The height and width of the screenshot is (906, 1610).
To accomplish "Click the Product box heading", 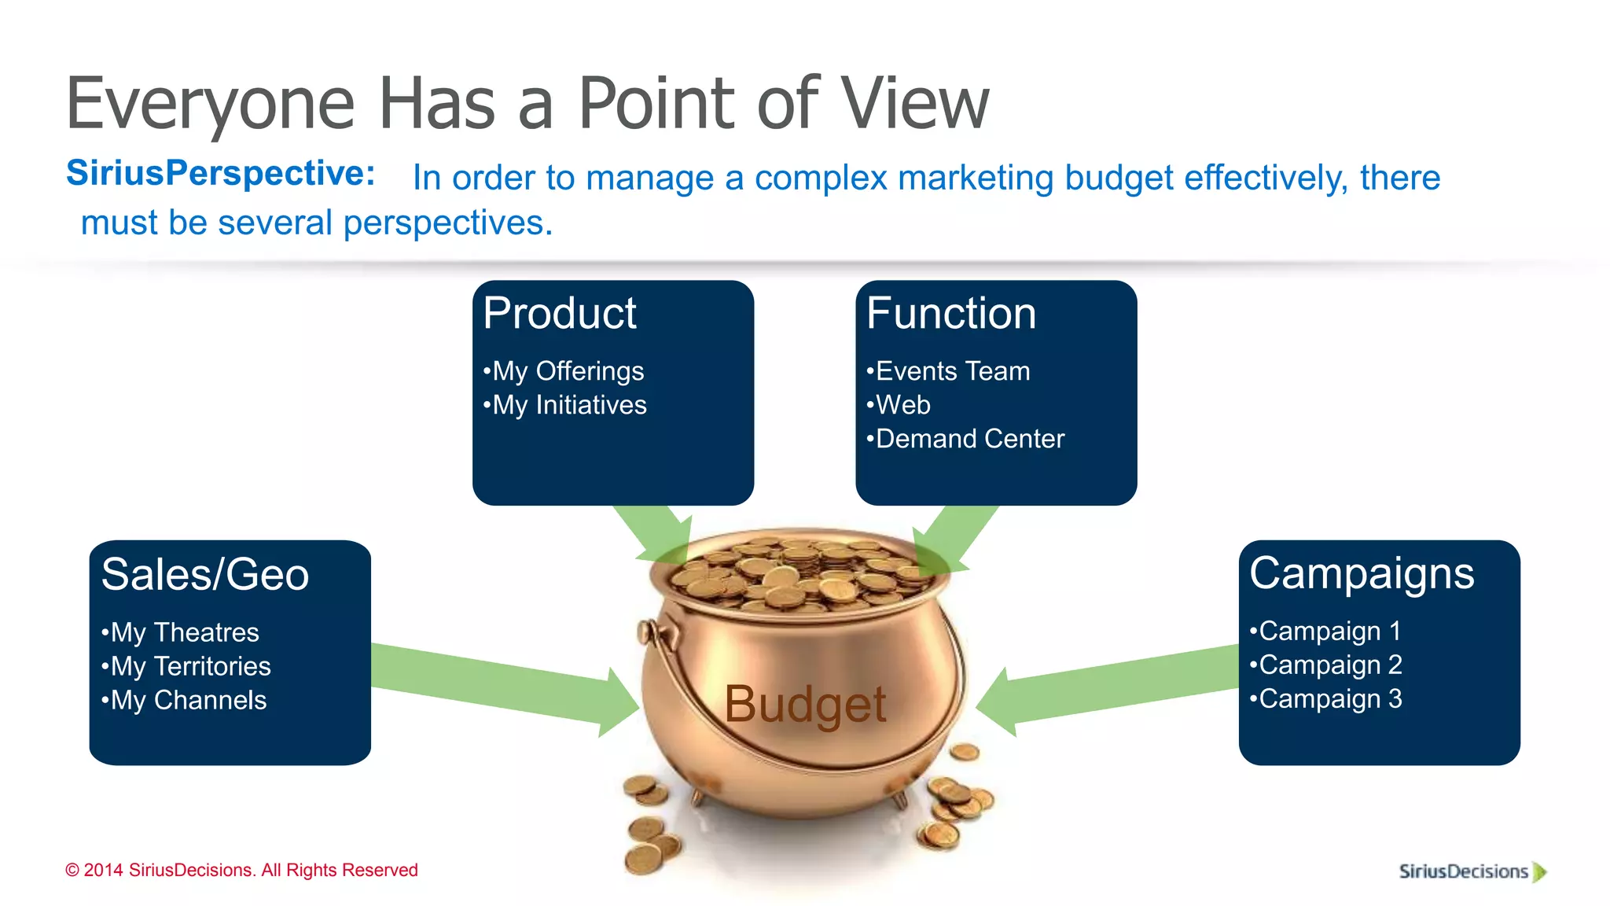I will pyautogui.click(x=559, y=314).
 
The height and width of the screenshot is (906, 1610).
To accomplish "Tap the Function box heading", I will pyautogui.click(x=950, y=314).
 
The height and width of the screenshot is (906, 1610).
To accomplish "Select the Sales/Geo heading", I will pyautogui.click(x=204, y=574).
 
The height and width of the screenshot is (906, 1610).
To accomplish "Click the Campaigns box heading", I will pyautogui.click(x=1361, y=573).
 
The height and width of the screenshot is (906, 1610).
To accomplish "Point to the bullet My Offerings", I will pyautogui.click(x=564, y=371).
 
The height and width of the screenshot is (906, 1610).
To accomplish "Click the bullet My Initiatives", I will pyautogui.click(x=565, y=405).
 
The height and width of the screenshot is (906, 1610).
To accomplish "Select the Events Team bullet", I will pyautogui.click(x=948, y=371).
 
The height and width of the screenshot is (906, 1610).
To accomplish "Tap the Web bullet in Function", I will pyautogui.click(x=899, y=405).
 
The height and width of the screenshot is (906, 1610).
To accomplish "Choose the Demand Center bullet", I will pyautogui.click(x=965, y=439).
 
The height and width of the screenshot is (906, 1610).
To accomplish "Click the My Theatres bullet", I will pyautogui.click(x=181, y=632).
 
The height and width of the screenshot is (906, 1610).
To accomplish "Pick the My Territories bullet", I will pyautogui.click(x=186, y=666).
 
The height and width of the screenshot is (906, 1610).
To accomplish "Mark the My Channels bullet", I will pyautogui.click(x=184, y=700).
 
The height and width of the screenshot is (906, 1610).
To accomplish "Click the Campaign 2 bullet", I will pyautogui.click(x=1326, y=665).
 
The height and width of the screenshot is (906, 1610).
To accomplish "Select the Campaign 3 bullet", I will pyautogui.click(x=1326, y=699).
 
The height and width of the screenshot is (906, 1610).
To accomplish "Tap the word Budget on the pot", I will pyautogui.click(x=805, y=704).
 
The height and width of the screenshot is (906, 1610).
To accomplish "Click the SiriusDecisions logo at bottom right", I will pyautogui.click(x=1471, y=871).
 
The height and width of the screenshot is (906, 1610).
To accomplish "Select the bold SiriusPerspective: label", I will pyautogui.click(x=221, y=173).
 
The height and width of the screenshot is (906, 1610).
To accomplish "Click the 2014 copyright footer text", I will pyautogui.click(x=241, y=870).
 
